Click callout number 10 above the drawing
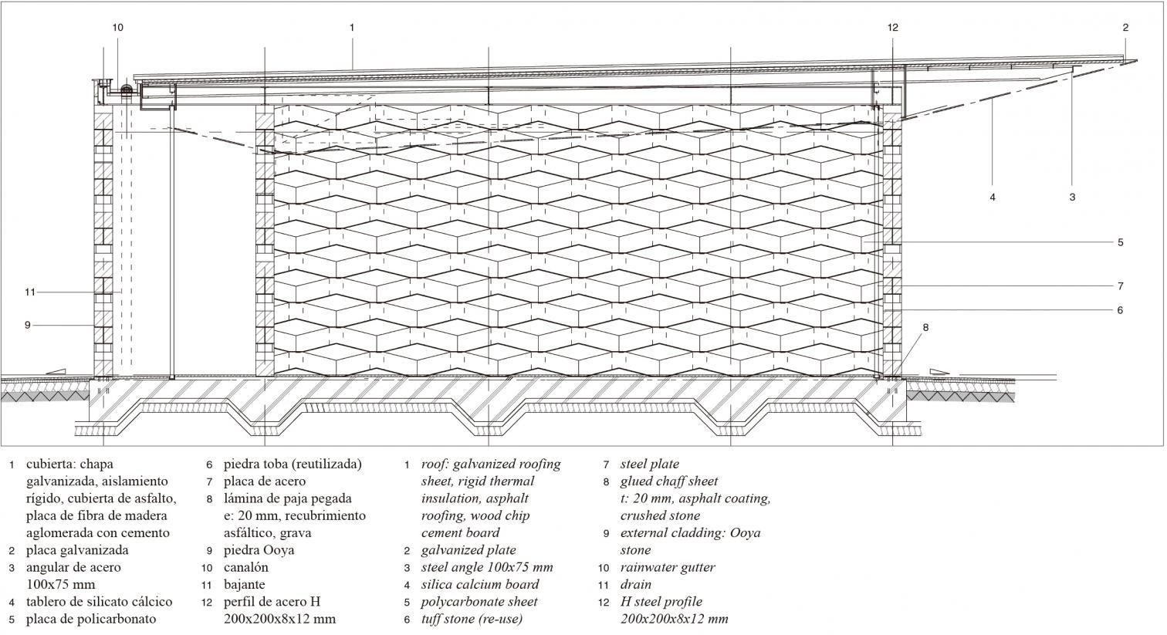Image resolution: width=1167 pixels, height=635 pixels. tap(117, 28)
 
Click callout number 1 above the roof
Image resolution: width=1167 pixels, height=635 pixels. tap(352, 28)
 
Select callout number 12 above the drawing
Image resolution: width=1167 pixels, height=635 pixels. tap(893, 28)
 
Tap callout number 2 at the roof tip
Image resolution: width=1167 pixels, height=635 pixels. tap(1125, 28)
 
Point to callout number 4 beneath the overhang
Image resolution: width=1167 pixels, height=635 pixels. tap(993, 198)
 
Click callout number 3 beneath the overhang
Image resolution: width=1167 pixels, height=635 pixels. tap(1072, 198)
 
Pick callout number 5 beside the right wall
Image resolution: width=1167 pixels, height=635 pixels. tap(1120, 242)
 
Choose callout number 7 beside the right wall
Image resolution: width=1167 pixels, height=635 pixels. tap(1120, 286)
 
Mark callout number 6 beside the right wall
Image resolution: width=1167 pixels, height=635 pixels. tap(1120, 310)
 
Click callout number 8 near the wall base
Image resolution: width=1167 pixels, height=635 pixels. tap(925, 327)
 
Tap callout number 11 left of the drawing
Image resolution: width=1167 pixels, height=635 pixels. tap(30, 292)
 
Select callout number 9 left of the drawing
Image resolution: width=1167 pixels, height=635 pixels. tap(27, 325)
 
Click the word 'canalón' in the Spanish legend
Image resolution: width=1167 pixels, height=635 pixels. tap(246, 567)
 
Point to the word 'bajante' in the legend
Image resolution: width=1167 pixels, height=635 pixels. tap(244, 584)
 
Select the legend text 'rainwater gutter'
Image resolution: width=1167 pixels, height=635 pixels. tap(668, 567)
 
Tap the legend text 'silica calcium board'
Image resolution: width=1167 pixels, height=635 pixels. tap(480, 584)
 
